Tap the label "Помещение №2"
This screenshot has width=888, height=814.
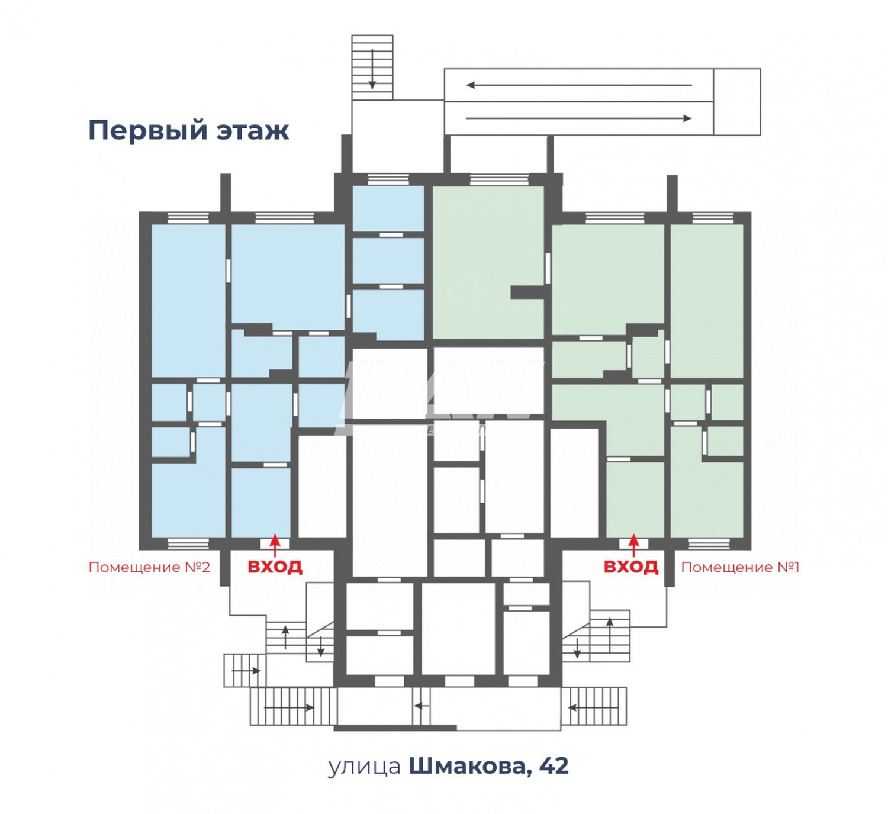point(149,567)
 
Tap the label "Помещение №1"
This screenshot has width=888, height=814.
point(740,567)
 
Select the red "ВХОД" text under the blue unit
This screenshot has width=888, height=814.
point(275,567)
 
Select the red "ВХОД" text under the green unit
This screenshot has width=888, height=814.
point(631,567)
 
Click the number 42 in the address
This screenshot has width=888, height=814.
point(554,766)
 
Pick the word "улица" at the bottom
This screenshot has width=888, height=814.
point(364,767)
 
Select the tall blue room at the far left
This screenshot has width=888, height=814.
point(188,299)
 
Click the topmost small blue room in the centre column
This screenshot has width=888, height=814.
point(388,208)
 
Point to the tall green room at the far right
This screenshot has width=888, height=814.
point(707,299)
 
